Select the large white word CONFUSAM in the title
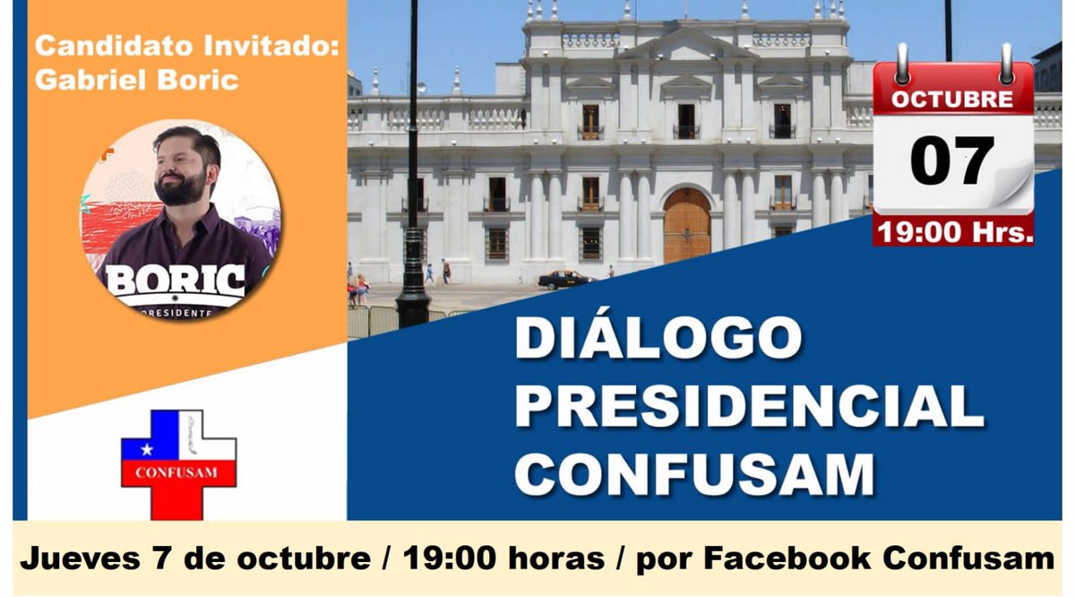pos(694,472)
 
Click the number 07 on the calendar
pos(952,160)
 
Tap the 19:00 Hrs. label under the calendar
pos(955,232)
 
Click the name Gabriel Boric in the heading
pos(136,80)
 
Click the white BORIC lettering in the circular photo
pos(176,281)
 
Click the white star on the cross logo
pos(146,447)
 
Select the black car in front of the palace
pos(564,279)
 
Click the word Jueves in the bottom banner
pos(76,559)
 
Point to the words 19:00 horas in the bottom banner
pos(503,559)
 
